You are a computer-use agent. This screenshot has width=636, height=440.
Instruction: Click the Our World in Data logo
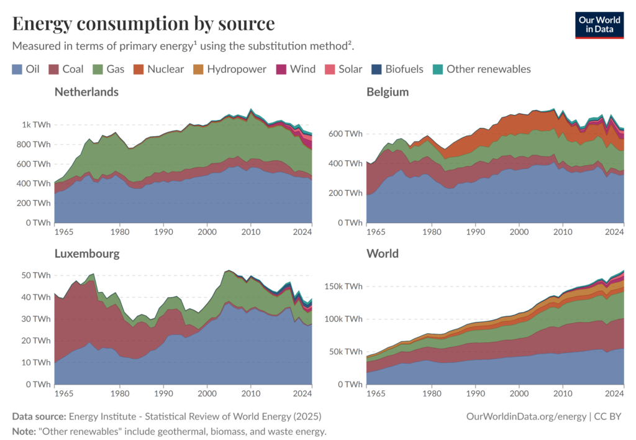point(599,24)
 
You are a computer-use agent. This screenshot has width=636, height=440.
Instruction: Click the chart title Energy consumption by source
point(143,24)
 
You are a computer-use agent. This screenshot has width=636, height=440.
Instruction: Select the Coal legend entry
point(66,69)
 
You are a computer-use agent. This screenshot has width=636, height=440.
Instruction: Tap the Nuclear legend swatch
point(141,69)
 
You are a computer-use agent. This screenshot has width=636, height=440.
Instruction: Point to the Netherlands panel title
point(86,92)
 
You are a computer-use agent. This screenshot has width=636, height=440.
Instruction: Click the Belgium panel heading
point(388,92)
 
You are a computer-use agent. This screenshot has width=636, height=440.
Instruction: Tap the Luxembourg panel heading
point(87,254)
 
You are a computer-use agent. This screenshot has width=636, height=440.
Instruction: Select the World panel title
point(383,254)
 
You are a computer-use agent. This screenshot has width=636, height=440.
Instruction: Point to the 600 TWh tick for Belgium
point(345,134)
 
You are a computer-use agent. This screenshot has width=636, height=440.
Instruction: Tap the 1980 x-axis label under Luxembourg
point(120,393)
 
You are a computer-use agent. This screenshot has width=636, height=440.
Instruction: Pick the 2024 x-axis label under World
point(614,393)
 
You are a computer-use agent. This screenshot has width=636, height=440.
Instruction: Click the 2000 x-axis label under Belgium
point(518,232)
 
